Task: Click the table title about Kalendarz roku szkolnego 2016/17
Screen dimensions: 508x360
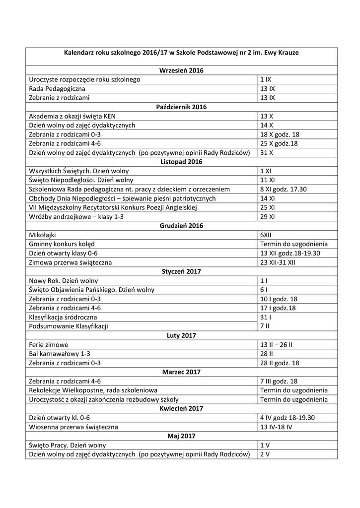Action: coord(181,52)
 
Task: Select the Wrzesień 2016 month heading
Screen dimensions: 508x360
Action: coord(181,70)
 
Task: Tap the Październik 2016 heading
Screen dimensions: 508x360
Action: coord(181,107)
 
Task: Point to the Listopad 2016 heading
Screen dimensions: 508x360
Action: coord(181,162)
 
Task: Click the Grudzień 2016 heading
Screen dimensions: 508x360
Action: coord(181,226)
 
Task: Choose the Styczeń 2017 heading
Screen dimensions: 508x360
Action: coord(181,271)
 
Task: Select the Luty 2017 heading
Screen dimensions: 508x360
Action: coord(181,335)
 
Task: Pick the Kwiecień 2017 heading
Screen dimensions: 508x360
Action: coord(181,408)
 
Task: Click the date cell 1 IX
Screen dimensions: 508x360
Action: coord(266,79)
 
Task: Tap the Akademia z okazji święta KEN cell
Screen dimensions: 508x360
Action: coord(72,116)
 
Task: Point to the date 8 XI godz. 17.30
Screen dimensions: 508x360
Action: coord(283,189)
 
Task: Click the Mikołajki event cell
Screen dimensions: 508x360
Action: coord(43,235)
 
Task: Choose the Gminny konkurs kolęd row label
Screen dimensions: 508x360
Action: coord(62,244)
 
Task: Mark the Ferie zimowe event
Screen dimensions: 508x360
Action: coord(49,344)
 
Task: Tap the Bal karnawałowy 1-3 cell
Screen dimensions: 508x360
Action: coord(60,354)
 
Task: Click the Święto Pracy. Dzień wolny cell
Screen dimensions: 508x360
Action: coord(68,445)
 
